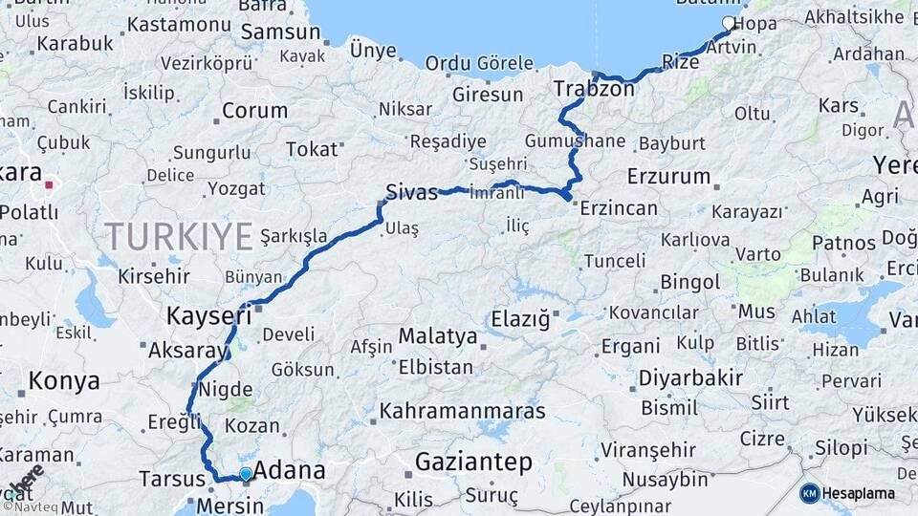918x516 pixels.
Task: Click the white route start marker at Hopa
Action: (729, 23)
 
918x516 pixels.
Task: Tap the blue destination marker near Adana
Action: (246, 474)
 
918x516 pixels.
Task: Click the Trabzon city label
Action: (594, 90)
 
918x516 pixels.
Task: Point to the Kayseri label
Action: (208, 314)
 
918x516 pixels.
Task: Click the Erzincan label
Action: (619, 207)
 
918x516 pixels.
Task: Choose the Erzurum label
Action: (669, 177)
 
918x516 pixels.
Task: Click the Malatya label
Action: (437, 336)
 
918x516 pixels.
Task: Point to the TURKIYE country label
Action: (179, 235)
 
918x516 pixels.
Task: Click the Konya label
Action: (64, 381)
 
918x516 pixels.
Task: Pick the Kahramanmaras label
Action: (463, 412)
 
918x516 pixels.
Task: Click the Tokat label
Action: (313, 149)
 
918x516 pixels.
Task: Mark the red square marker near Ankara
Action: (49, 183)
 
